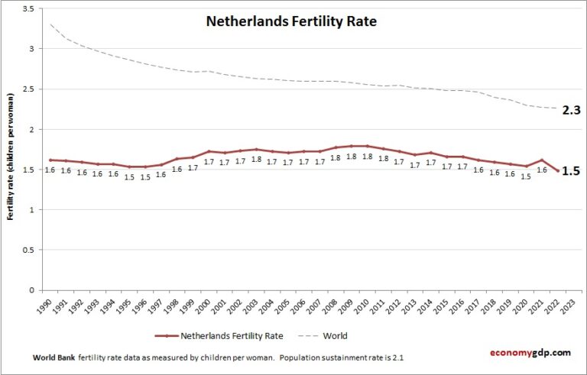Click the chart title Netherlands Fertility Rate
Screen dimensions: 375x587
291,21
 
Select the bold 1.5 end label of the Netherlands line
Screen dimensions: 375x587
570,171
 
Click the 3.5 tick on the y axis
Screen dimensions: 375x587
27,8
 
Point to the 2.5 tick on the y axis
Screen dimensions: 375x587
27,89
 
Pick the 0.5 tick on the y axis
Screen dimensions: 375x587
27,250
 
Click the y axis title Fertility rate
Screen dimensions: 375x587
11,157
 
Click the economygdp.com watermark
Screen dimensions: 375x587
530,353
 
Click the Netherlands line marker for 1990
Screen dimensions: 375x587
50,160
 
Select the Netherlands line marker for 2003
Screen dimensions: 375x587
258,150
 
